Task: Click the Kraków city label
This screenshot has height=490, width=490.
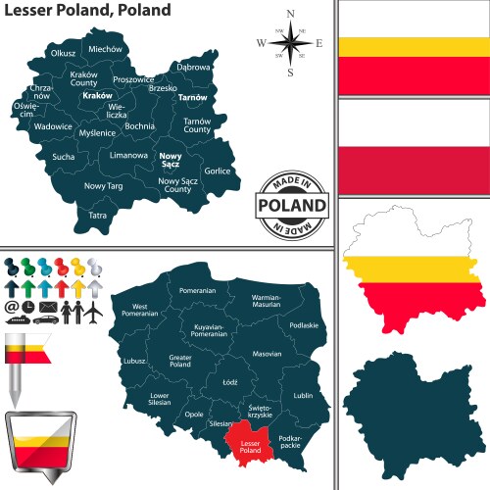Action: (x=98, y=96)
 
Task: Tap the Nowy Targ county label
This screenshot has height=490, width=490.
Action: (x=102, y=185)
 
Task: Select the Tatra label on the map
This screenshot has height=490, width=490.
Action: (x=98, y=215)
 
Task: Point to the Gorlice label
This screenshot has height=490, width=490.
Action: (x=218, y=171)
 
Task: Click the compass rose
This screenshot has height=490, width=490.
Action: (x=290, y=43)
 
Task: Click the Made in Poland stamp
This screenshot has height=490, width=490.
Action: (x=290, y=204)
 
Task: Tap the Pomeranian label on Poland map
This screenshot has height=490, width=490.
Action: (x=197, y=291)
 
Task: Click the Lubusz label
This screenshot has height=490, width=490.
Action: (x=135, y=362)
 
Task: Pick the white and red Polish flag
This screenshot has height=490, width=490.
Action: (x=411, y=150)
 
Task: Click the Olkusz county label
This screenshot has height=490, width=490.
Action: (x=63, y=52)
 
